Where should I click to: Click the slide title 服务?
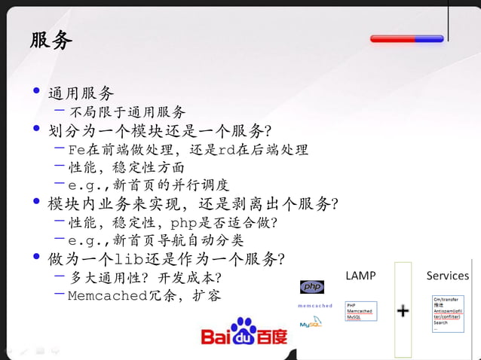click(51, 40)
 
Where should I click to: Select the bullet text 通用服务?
click(81, 93)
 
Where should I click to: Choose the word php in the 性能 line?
click(186, 223)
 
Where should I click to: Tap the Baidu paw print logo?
click(244, 330)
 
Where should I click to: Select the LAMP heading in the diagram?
click(360, 276)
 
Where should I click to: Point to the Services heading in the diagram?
click(447, 276)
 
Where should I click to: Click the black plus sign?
click(403, 310)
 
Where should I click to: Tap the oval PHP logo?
click(312, 286)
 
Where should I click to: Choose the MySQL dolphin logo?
click(311, 324)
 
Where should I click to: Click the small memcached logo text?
click(315, 306)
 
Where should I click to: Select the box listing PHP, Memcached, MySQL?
click(361, 311)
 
